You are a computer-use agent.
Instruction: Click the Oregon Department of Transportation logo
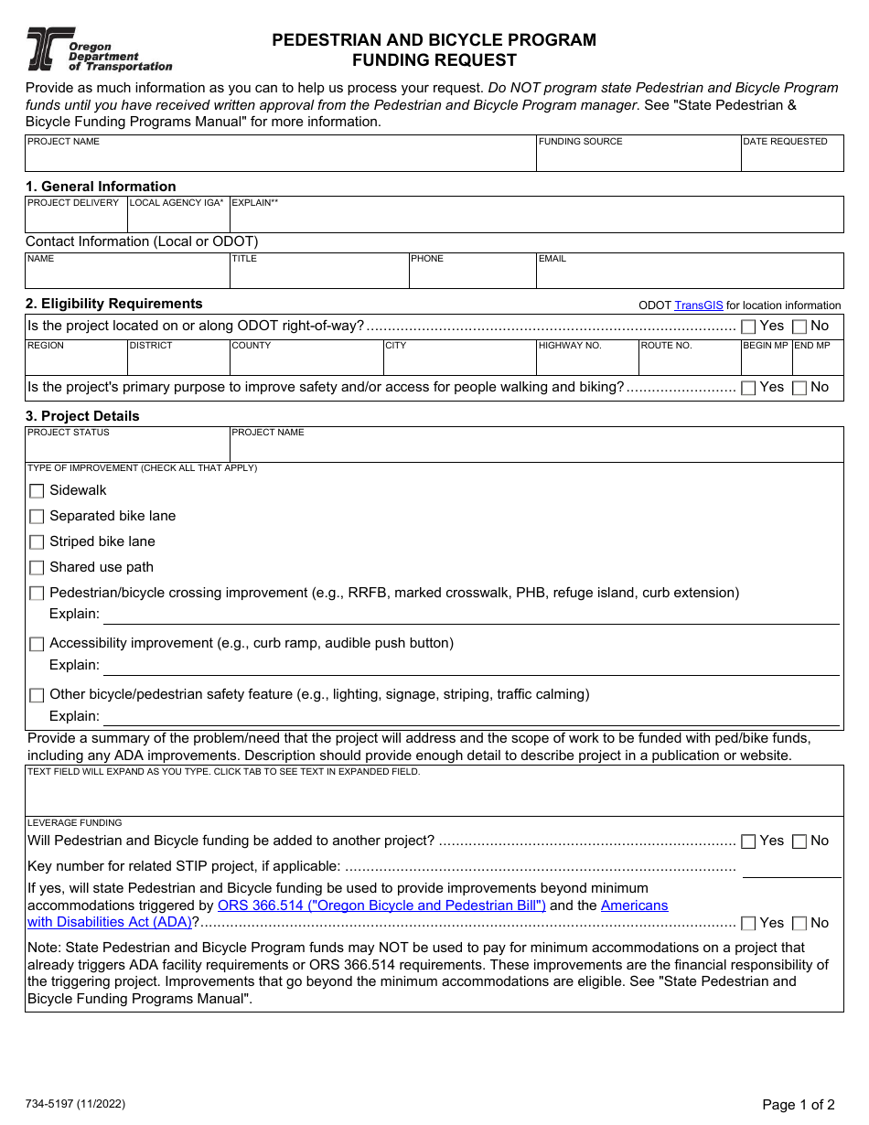[99, 49]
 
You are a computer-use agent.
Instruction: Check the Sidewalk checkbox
[37, 491]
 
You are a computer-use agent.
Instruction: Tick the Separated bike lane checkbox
[37, 517]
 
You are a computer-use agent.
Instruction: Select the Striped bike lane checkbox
[37, 542]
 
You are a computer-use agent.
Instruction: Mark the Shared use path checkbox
[37, 568]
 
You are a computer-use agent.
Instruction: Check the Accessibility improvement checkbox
[37, 644]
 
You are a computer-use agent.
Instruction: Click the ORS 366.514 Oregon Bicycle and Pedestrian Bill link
[381, 905]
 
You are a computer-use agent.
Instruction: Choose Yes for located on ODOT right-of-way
[748, 327]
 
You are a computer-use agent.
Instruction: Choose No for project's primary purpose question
[799, 388]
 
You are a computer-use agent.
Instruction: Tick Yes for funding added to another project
[748, 841]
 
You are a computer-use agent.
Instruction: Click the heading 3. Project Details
[82, 416]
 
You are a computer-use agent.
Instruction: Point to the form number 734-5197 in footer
[75, 1104]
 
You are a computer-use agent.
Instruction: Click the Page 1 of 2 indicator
[798, 1105]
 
